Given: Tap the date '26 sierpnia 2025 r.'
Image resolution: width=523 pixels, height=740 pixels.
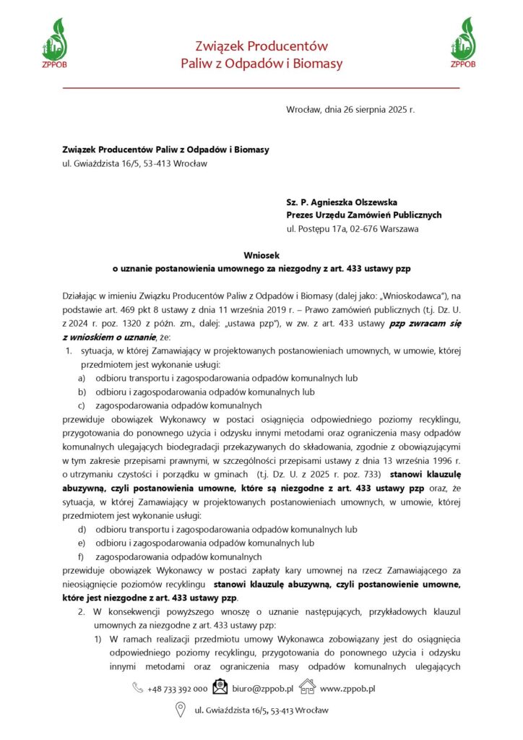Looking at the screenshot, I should (x=376, y=110).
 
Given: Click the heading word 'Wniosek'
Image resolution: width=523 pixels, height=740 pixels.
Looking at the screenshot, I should (x=261, y=255).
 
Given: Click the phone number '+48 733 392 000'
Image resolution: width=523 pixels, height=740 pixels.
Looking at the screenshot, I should (x=177, y=689).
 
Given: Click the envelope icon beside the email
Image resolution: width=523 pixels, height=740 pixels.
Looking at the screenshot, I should (x=220, y=687).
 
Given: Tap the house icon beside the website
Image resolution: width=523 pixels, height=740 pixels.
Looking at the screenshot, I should (x=307, y=687).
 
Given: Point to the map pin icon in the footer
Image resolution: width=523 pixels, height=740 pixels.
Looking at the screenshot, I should (x=181, y=710).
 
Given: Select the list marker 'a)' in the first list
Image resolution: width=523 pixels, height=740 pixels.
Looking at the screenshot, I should (x=82, y=378).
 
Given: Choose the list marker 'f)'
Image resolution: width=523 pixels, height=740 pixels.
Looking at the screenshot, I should (x=82, y=557).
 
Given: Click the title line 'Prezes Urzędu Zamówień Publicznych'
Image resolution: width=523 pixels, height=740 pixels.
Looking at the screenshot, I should (x=363, y=215).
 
